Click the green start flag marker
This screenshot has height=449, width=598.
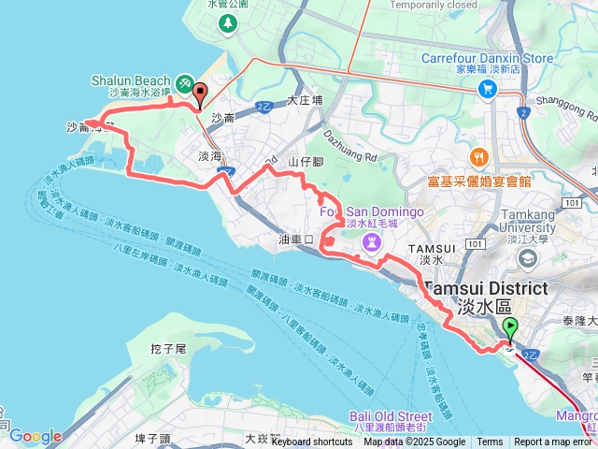coord(510,327)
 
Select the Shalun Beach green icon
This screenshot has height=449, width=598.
coord(184,84)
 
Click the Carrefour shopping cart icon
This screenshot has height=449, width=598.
coord(487,89)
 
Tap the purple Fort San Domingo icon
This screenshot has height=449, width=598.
coord(372,242)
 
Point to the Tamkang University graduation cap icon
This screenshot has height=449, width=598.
coord(531,257)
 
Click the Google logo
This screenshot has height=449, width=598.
coord(35,436)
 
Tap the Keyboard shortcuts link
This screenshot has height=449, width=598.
coord(312,442)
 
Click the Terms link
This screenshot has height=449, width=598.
coord(490,442)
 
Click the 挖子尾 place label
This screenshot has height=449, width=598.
coord(169,348)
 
